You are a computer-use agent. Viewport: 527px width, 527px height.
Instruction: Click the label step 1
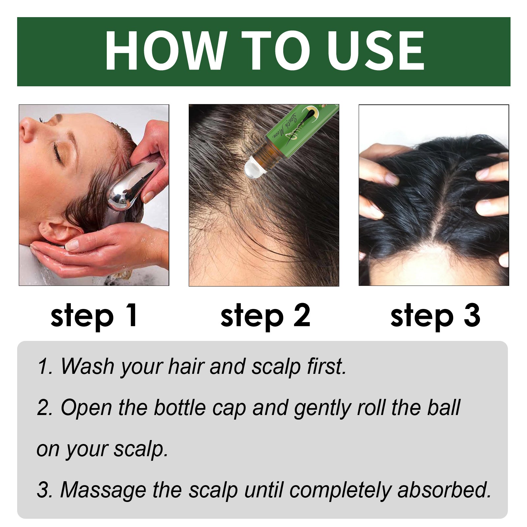point(94,316)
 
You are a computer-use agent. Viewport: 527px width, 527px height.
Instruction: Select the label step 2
point(265,316)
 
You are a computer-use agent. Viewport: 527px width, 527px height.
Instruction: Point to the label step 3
point(435,316)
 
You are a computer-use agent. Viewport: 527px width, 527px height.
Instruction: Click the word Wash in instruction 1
point(87,366)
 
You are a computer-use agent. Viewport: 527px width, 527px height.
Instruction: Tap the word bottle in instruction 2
point(180,408)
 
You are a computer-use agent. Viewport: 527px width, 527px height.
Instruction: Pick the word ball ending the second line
point(443,408)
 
